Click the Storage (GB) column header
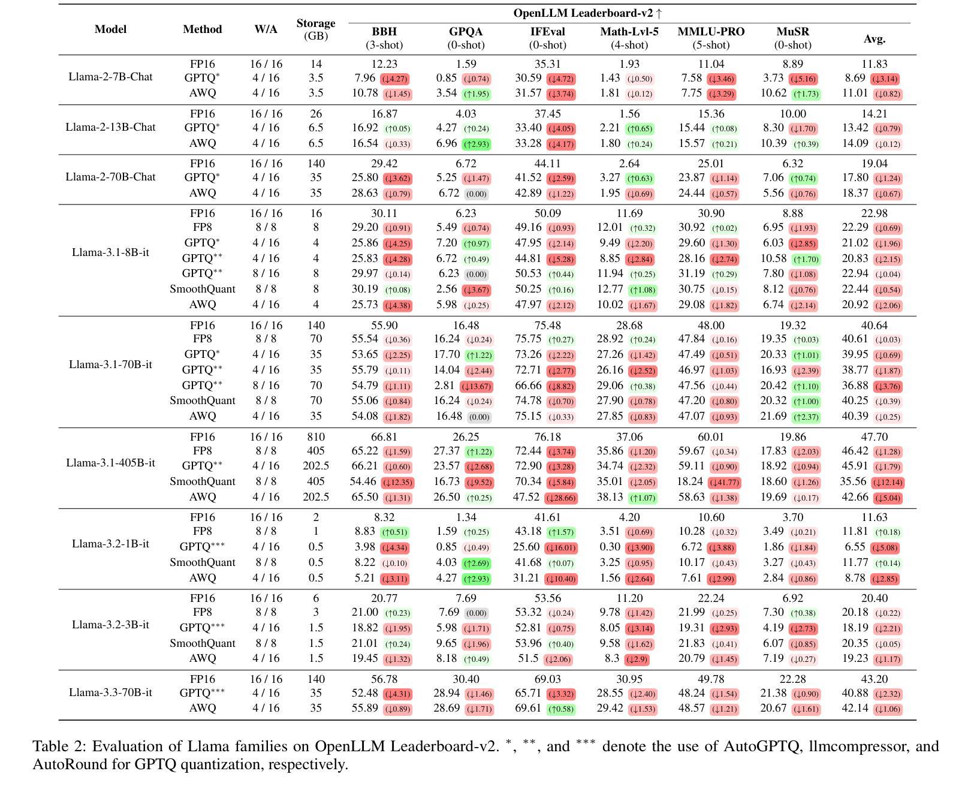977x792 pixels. click(315, 29)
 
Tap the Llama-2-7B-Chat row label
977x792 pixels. click(110, 77)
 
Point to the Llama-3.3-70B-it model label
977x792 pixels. click(110, 692)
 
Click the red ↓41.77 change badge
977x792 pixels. click(724, 483)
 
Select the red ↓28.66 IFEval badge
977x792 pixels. click(560, 498)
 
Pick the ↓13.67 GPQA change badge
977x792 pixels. click(476, 387)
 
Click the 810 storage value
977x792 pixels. click(316, 437)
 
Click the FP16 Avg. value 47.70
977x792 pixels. click(875, 437)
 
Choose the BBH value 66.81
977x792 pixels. click(384, 437)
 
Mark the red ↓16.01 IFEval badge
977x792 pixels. click(560, 548)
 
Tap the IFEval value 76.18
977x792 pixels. click(547, 437)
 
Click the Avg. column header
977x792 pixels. click(875, 39)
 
